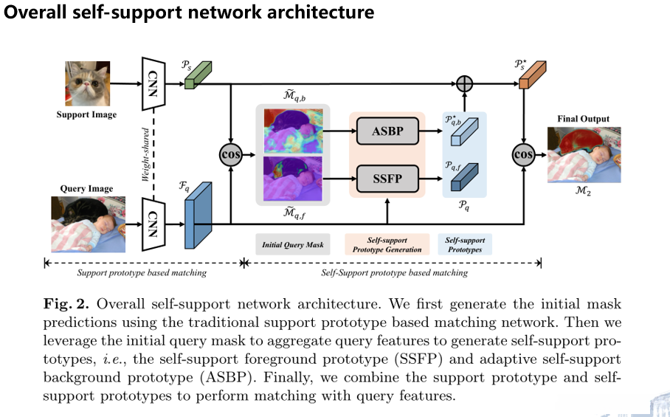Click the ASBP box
click(x=387, y=133)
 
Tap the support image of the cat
click(x=86, y=85)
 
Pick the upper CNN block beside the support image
click(x=152, y=83)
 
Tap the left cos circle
click(x=232, y=155)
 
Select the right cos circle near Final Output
click(x=524, y=155)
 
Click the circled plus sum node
click(x=464, y=84)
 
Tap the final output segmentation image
click(x=584, y=155)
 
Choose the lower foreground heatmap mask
click(x=292, y=179)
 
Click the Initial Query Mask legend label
click(x=292, y=244)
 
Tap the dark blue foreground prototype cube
click(x=464, y=178)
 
